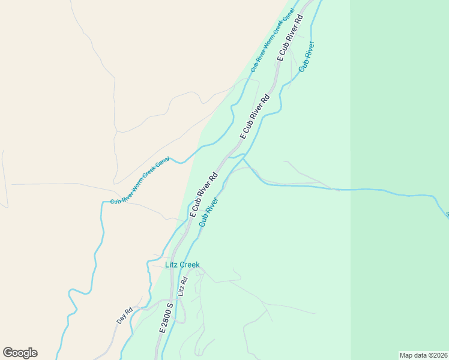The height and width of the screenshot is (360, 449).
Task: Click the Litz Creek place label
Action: click(182, 265)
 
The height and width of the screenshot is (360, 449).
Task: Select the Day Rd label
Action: click(124, 316)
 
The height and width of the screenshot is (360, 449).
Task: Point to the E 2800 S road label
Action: click(166, 318)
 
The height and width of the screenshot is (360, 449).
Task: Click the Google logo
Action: click(20, 353)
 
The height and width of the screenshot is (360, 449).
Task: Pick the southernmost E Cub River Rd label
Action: click(203, 196)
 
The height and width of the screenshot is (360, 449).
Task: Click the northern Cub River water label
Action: click(306, 57)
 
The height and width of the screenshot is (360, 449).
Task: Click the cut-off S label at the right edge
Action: click(447, 214)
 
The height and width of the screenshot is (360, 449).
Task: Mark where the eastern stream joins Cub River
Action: click(243, 157)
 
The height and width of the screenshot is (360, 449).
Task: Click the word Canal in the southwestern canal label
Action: click(163, 164)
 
